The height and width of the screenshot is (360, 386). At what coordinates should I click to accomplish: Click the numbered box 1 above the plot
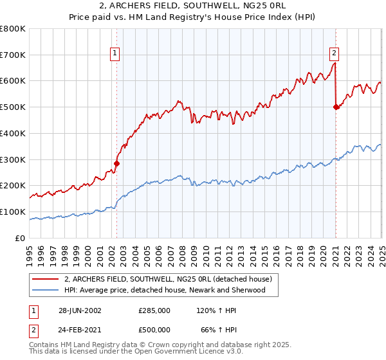[115, 54]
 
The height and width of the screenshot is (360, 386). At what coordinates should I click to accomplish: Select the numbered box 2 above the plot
[335, 54]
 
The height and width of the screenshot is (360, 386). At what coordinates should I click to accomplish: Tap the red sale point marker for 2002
[116, 163]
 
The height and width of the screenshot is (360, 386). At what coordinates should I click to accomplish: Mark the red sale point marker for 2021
[336, 107]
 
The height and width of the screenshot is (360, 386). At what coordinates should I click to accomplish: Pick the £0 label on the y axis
[20, 238]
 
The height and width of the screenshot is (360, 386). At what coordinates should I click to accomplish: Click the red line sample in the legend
[46, 279]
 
